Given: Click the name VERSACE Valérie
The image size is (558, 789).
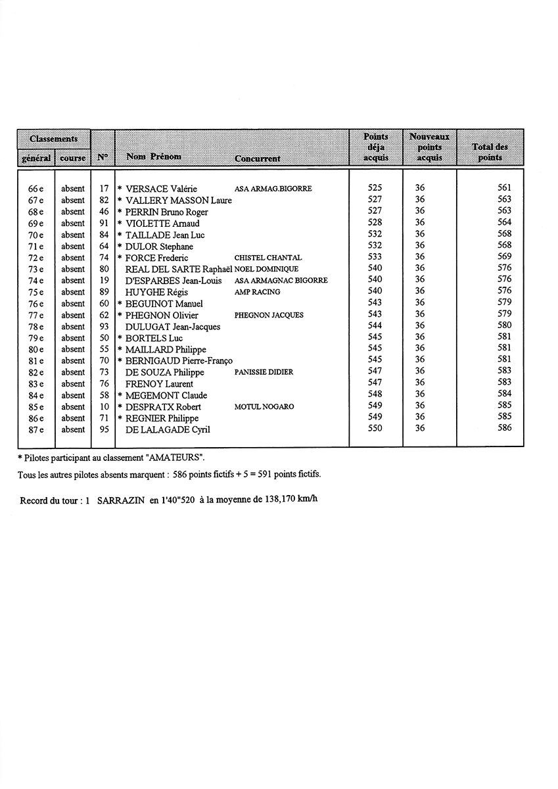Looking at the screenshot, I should [161, 189].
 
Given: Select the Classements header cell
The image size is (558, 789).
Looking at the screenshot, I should [53, 139].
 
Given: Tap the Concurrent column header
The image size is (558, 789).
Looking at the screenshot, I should [257, 158].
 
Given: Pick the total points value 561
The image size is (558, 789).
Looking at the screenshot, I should [504, 188].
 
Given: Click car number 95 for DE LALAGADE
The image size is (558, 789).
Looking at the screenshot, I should [104, 429].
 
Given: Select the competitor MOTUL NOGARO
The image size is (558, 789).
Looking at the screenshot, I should [264, 407].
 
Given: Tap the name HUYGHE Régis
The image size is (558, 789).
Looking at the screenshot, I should [152, 292].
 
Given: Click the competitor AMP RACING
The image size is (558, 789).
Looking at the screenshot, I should [257, 292].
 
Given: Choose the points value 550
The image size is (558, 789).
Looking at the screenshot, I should [375, 429].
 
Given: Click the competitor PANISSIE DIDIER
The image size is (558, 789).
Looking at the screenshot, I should [264, 372].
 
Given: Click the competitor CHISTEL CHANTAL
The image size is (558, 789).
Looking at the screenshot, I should [267, 258].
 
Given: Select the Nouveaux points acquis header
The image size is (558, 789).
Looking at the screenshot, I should [429, 147].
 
